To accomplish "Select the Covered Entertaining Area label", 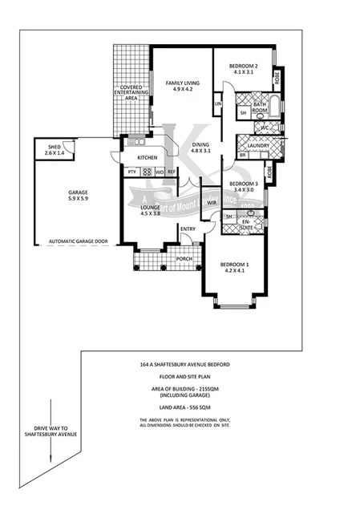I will pos(131,93).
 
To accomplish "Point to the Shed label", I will pos(55,149).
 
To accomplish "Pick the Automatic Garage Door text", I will pos(79,241).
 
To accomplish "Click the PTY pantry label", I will pos(131,172).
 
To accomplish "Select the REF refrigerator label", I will pos(172,172).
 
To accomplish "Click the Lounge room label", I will pos(151,210).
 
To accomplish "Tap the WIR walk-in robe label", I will pos(212,204).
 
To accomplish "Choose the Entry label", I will pos(188,230).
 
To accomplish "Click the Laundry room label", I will pos(258,145).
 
